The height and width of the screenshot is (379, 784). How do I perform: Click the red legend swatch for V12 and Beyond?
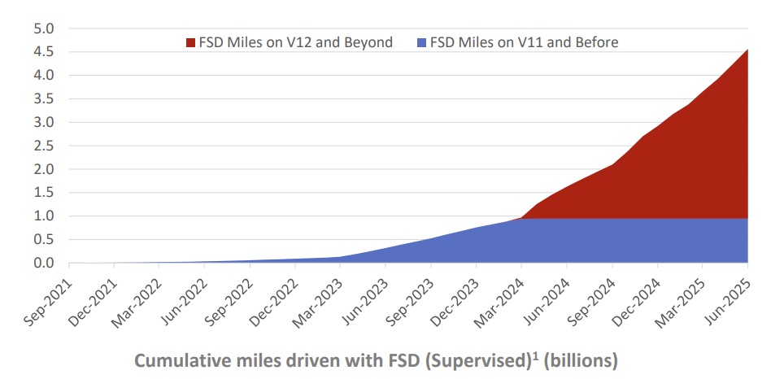click(x=191, y=42)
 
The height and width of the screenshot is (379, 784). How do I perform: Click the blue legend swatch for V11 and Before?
click(x=421, y=42)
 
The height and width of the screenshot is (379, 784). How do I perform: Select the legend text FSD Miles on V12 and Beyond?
click(x=295, y=42)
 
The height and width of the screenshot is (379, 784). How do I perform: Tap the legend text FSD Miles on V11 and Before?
click(x=524, y=42)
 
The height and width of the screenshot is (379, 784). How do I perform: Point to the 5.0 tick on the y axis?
click(x=44, y=28)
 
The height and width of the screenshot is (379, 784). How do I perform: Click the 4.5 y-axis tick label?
click(x=44, y=52)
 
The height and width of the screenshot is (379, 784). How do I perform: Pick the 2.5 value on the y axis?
click(x=44, y=146)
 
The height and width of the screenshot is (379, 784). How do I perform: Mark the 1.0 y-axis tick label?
click(x=44, y=216)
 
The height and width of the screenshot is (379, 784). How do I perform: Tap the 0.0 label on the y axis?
click(x=44, y=264)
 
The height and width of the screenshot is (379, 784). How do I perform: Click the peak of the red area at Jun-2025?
click(x=747, y=50)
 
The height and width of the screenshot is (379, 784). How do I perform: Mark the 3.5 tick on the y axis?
click(x=44, y=99)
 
